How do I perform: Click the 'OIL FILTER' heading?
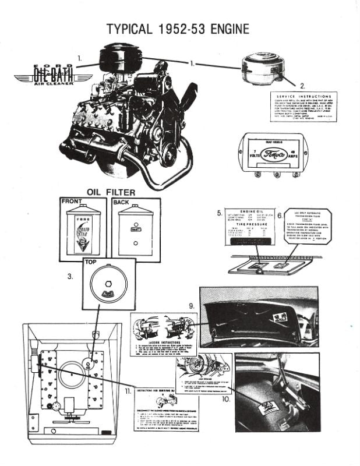pyautogui.click(x=111, y=192)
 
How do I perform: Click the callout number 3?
pyautogui.click(x=70, y=277)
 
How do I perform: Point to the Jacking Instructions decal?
pyautogui.click(x=162, y=337)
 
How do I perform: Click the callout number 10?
pyautogui.click(x=225, y=400)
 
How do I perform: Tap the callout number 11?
pyautogui.click(x=127, y=392)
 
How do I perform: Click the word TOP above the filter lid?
pyautogui.click(x=91, y=263)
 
